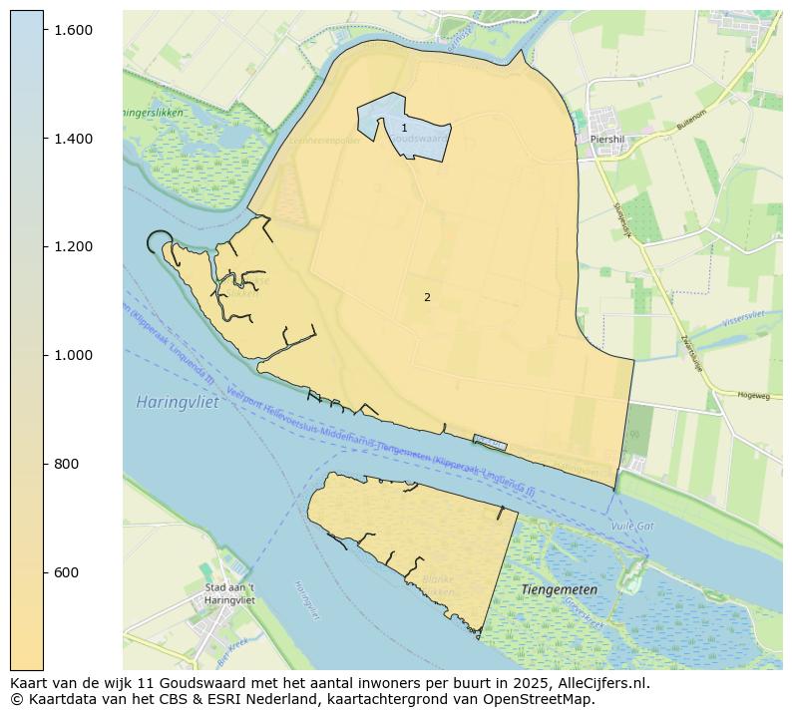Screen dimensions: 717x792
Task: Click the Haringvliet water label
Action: (x=171, y=402)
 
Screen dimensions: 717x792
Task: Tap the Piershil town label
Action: (x=606, y=140)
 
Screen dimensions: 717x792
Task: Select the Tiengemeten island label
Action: (x=560, y=589)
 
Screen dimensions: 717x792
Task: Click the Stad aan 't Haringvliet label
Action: (x=229, y=594)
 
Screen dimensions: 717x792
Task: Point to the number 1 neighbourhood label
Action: (x=404, y=128)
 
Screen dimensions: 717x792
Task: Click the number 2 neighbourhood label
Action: (x=427, y=297)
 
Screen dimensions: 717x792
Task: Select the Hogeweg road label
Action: (x=753, y=396)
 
